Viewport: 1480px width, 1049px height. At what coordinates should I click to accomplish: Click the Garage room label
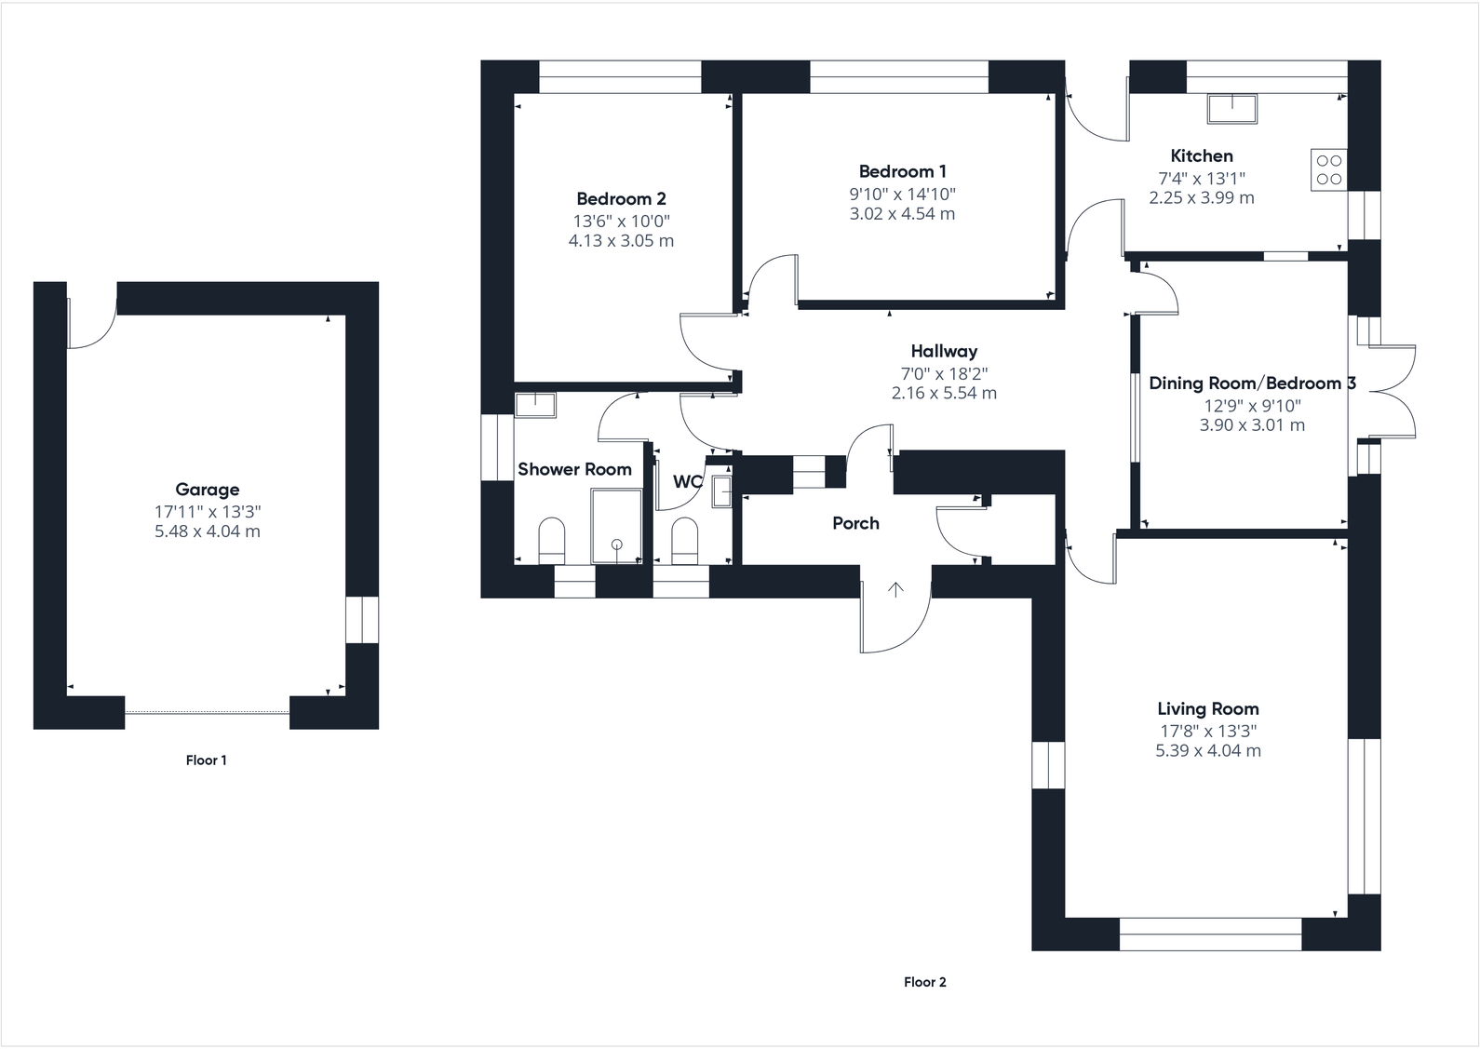[x=207, y=490]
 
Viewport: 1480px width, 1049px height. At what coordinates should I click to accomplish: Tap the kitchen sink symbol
[x=1231, y=109]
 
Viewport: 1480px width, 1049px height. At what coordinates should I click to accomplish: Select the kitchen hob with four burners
[x=1328, y=169]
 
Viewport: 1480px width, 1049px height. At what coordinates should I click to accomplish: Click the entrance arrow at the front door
[x=895, y=589]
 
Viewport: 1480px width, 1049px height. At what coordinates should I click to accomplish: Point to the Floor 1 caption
[x=206, y=760]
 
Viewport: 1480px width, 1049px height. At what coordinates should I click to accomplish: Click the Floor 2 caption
[x=924, y=982]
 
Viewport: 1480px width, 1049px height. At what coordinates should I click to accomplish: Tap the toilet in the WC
[x=684, y=541]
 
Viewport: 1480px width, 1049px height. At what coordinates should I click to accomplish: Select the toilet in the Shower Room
[x=552, y=541]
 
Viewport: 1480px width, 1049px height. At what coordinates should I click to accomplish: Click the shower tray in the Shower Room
[x=616, y=527]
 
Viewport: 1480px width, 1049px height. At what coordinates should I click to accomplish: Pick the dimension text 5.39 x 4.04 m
[x=1207, y=751]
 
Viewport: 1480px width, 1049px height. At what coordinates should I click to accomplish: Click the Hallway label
[x=944, y=351]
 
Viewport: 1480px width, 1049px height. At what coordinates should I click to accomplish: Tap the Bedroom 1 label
[x=902, y=171]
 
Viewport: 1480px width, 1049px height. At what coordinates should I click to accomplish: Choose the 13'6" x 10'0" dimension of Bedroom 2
[x=621, y=222]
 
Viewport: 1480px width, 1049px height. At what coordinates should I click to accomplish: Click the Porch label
[x=855, y=523]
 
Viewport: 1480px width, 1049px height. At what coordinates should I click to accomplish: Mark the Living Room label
[x=1207, y=709]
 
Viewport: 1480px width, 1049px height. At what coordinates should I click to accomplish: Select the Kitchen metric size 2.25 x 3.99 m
[x=1201, y=198]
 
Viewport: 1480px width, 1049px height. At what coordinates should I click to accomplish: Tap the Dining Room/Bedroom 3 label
[x=1251, y=383]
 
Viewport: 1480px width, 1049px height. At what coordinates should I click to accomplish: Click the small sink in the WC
[x=722, y=491]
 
